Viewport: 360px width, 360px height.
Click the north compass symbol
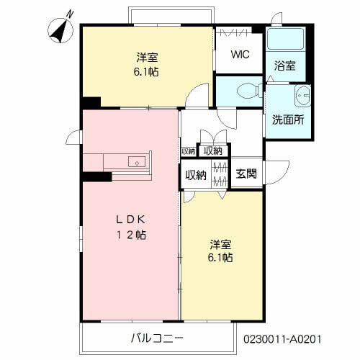coord(60,31)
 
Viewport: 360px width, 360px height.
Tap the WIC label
coord(240,54)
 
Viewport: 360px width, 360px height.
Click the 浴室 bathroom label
coord(285,66)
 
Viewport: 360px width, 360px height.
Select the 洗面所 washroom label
coord(288,120)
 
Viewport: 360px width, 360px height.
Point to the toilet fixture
coord(250,91)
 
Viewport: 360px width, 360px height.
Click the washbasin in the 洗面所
coord(302,96)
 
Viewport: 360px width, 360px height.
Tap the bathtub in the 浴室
coord(286,39)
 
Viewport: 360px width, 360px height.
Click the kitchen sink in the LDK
coord(137,161)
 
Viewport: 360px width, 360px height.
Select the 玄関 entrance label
coord(246,174)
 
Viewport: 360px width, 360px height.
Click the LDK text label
coord(131,220)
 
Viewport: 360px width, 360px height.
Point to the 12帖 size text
coord(131,235)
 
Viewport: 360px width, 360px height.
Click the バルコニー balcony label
coord(157,338)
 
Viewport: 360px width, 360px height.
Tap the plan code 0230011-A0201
coord(282,339)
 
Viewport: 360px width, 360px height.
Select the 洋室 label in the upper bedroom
coord(147,58)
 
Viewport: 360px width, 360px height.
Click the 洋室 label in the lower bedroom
coord(220,244)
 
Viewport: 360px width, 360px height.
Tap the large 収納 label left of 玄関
coord(196,175)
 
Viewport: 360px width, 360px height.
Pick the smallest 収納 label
coord(189,151)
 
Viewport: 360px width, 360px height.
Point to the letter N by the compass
coord(70,14)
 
